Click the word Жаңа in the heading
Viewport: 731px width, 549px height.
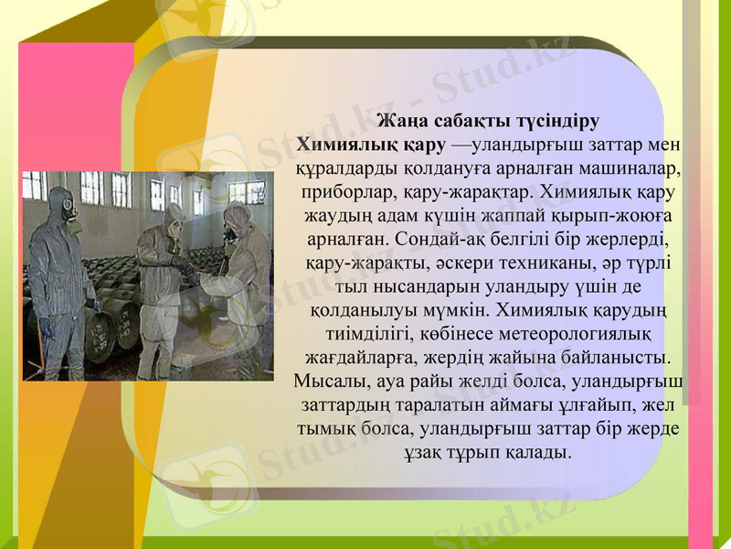click(399, 121)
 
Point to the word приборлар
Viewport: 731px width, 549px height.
click(345, 192)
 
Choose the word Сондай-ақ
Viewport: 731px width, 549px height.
click(439, 240)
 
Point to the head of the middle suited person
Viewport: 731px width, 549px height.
click(172, 217)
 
